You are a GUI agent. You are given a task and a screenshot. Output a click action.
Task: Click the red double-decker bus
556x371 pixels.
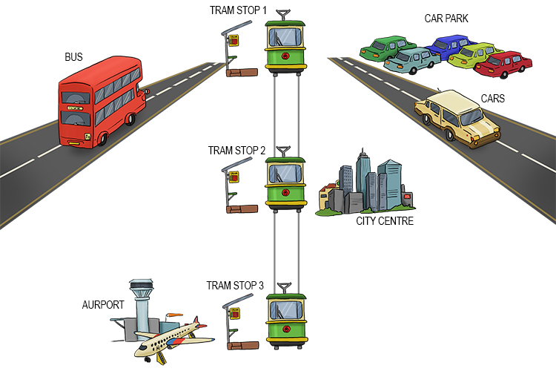[100, 104]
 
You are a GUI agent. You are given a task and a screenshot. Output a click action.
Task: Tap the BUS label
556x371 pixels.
[75, 56]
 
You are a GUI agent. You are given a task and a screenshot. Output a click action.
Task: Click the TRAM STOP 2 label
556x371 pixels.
[236, 150]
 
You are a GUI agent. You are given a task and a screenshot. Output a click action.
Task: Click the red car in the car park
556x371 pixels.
[504, 65]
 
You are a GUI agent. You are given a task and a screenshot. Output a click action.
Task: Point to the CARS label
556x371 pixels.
[494, 99]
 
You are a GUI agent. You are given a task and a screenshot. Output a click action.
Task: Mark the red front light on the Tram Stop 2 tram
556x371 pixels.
[285, 199]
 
